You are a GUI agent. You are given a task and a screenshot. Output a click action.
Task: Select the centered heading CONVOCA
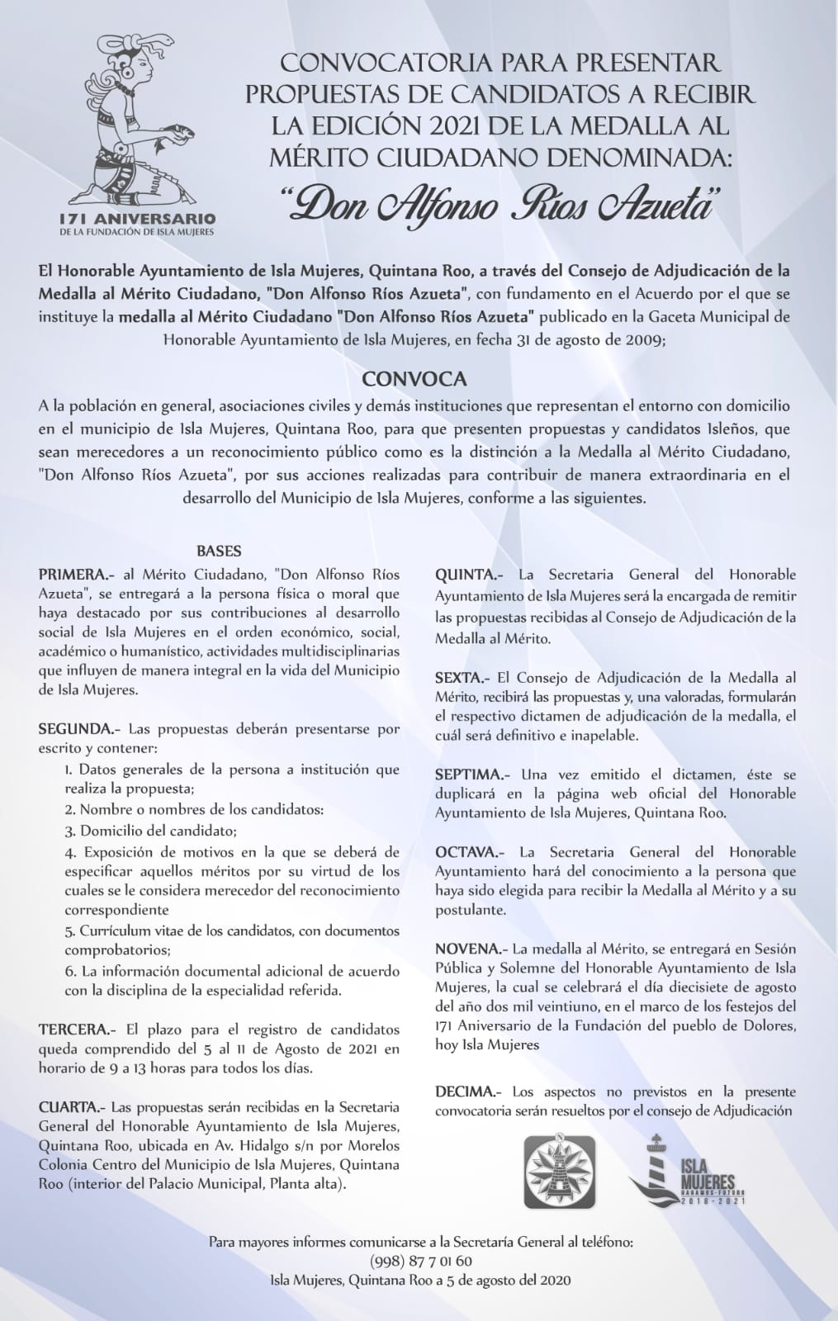coord(415,379)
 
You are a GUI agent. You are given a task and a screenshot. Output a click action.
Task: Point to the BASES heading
coord(218,551)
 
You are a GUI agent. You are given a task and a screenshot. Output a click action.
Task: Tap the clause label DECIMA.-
coord(468,1091)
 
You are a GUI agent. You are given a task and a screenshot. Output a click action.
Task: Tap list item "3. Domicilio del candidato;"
coord(151,831)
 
